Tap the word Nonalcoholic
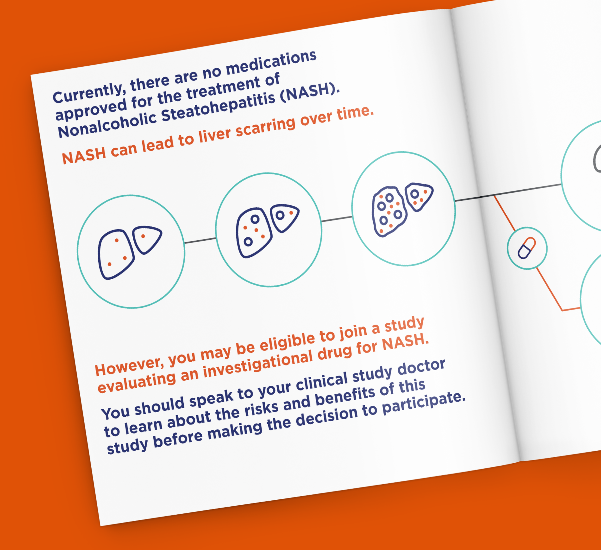tap(107, 124)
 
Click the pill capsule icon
tap(527, 248)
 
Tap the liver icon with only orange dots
tap(130, 252)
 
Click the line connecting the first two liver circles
tap(200, 241)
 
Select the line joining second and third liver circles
tap(337, 219)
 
